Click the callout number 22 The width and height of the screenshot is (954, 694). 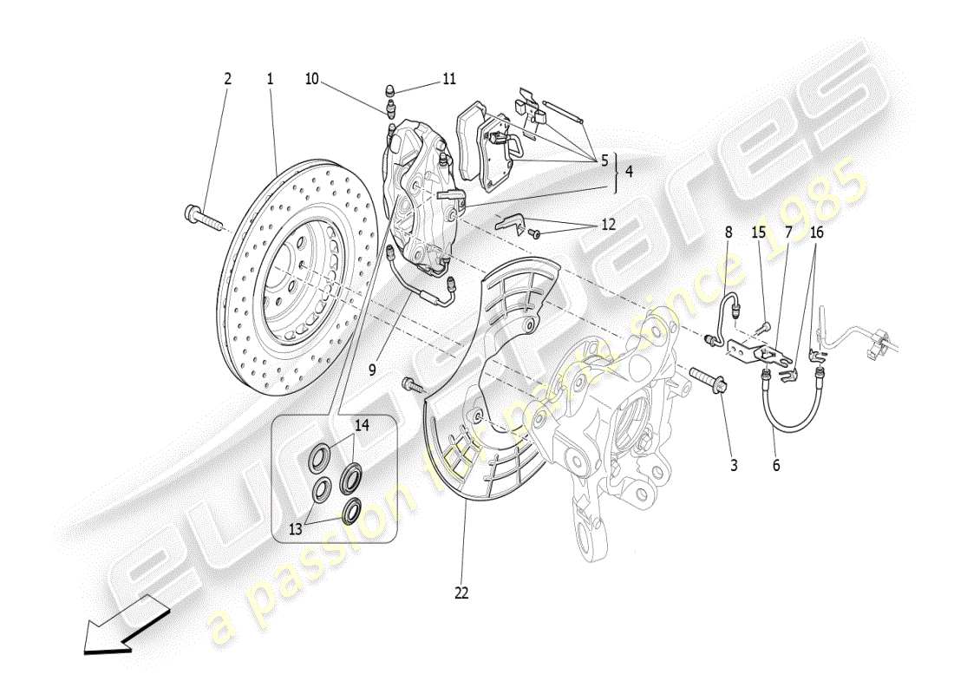[x=461, y=593]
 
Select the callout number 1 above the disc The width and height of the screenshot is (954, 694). [x=270, y=79]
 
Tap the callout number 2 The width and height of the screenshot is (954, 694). [x=228, y=79]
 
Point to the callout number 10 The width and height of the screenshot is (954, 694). [x=311, y=79]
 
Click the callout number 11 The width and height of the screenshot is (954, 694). [x=448, y=79]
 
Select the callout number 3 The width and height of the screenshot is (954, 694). [x=734, y=466]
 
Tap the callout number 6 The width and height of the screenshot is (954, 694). [x=776, y=466]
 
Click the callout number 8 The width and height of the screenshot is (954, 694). [x=729, y=232]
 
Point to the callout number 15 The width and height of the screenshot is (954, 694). [x=759, y=232]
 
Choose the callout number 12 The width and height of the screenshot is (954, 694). [x=608, y=224]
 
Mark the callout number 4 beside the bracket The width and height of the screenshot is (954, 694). [x=628, y=172]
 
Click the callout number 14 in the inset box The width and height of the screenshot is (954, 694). [x=362, y=425]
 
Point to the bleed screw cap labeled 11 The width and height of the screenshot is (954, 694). [x=390, y=90]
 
